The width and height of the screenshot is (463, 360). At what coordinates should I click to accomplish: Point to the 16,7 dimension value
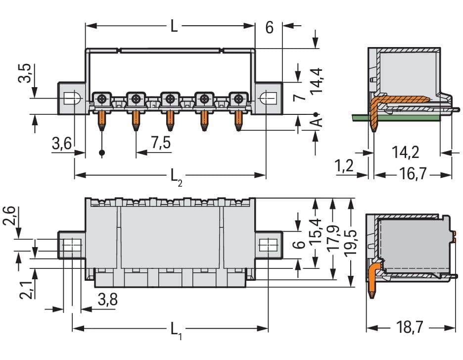[413, 175]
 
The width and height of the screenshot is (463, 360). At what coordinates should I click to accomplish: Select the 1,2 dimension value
[345, 166]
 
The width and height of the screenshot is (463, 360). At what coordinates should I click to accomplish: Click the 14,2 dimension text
[406, 152]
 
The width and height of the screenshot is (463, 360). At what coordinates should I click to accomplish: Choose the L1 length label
[176, 329]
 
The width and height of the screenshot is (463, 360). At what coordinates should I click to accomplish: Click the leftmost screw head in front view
[101, 99]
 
